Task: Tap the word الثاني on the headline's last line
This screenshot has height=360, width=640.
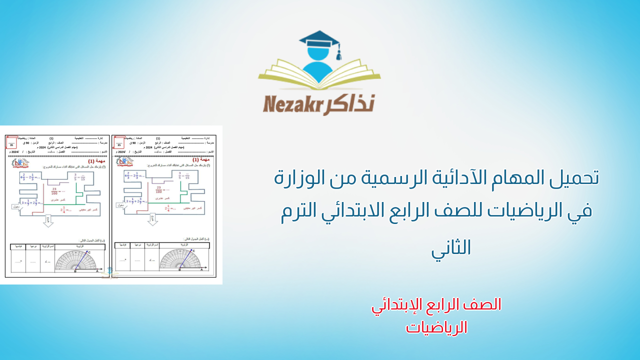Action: click(451, 247)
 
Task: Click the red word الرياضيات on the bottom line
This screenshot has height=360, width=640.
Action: click(436, 327)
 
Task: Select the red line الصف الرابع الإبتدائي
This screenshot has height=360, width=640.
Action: click(436, 304)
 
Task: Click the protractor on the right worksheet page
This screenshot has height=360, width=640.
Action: click(180, 260)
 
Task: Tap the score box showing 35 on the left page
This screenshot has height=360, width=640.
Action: click(11, 144)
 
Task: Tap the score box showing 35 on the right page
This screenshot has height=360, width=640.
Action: click(119, 145)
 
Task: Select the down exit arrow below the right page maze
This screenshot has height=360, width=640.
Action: click(152, 219)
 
